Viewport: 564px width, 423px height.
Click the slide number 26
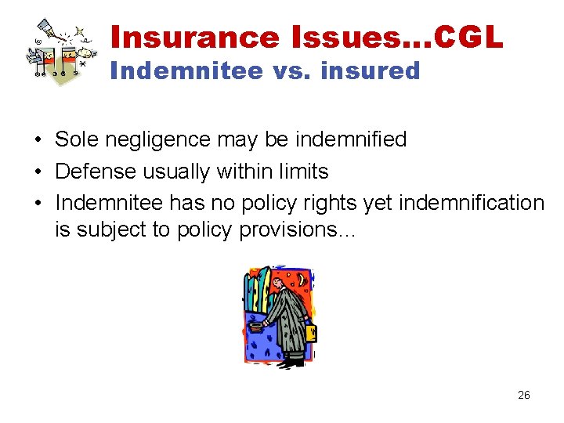coord(524,396)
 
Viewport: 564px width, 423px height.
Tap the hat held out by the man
coord(256,327)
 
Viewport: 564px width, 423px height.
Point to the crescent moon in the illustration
coord(302,280)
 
